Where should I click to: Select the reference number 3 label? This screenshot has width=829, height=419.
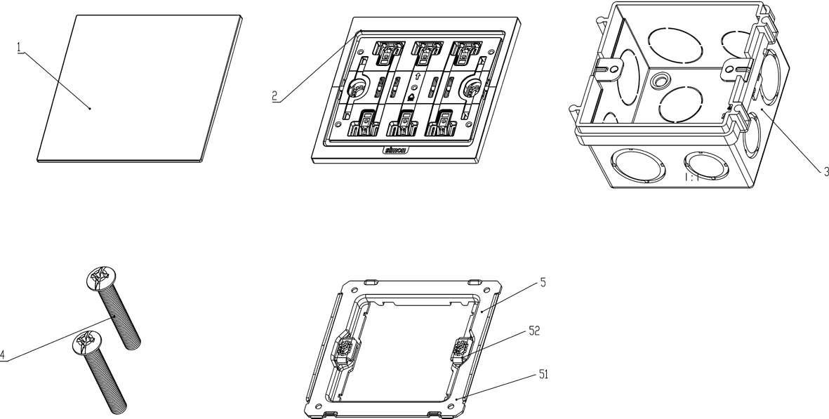pos(826,171)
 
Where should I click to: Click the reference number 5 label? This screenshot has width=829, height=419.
pos(543,283)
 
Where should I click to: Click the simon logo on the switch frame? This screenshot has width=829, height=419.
pos(397,149)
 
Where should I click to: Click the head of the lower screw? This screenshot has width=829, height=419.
pos(86,345)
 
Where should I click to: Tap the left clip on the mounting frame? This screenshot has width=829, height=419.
pos(343,350)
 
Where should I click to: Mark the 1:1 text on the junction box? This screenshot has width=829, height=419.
pos(692,178)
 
